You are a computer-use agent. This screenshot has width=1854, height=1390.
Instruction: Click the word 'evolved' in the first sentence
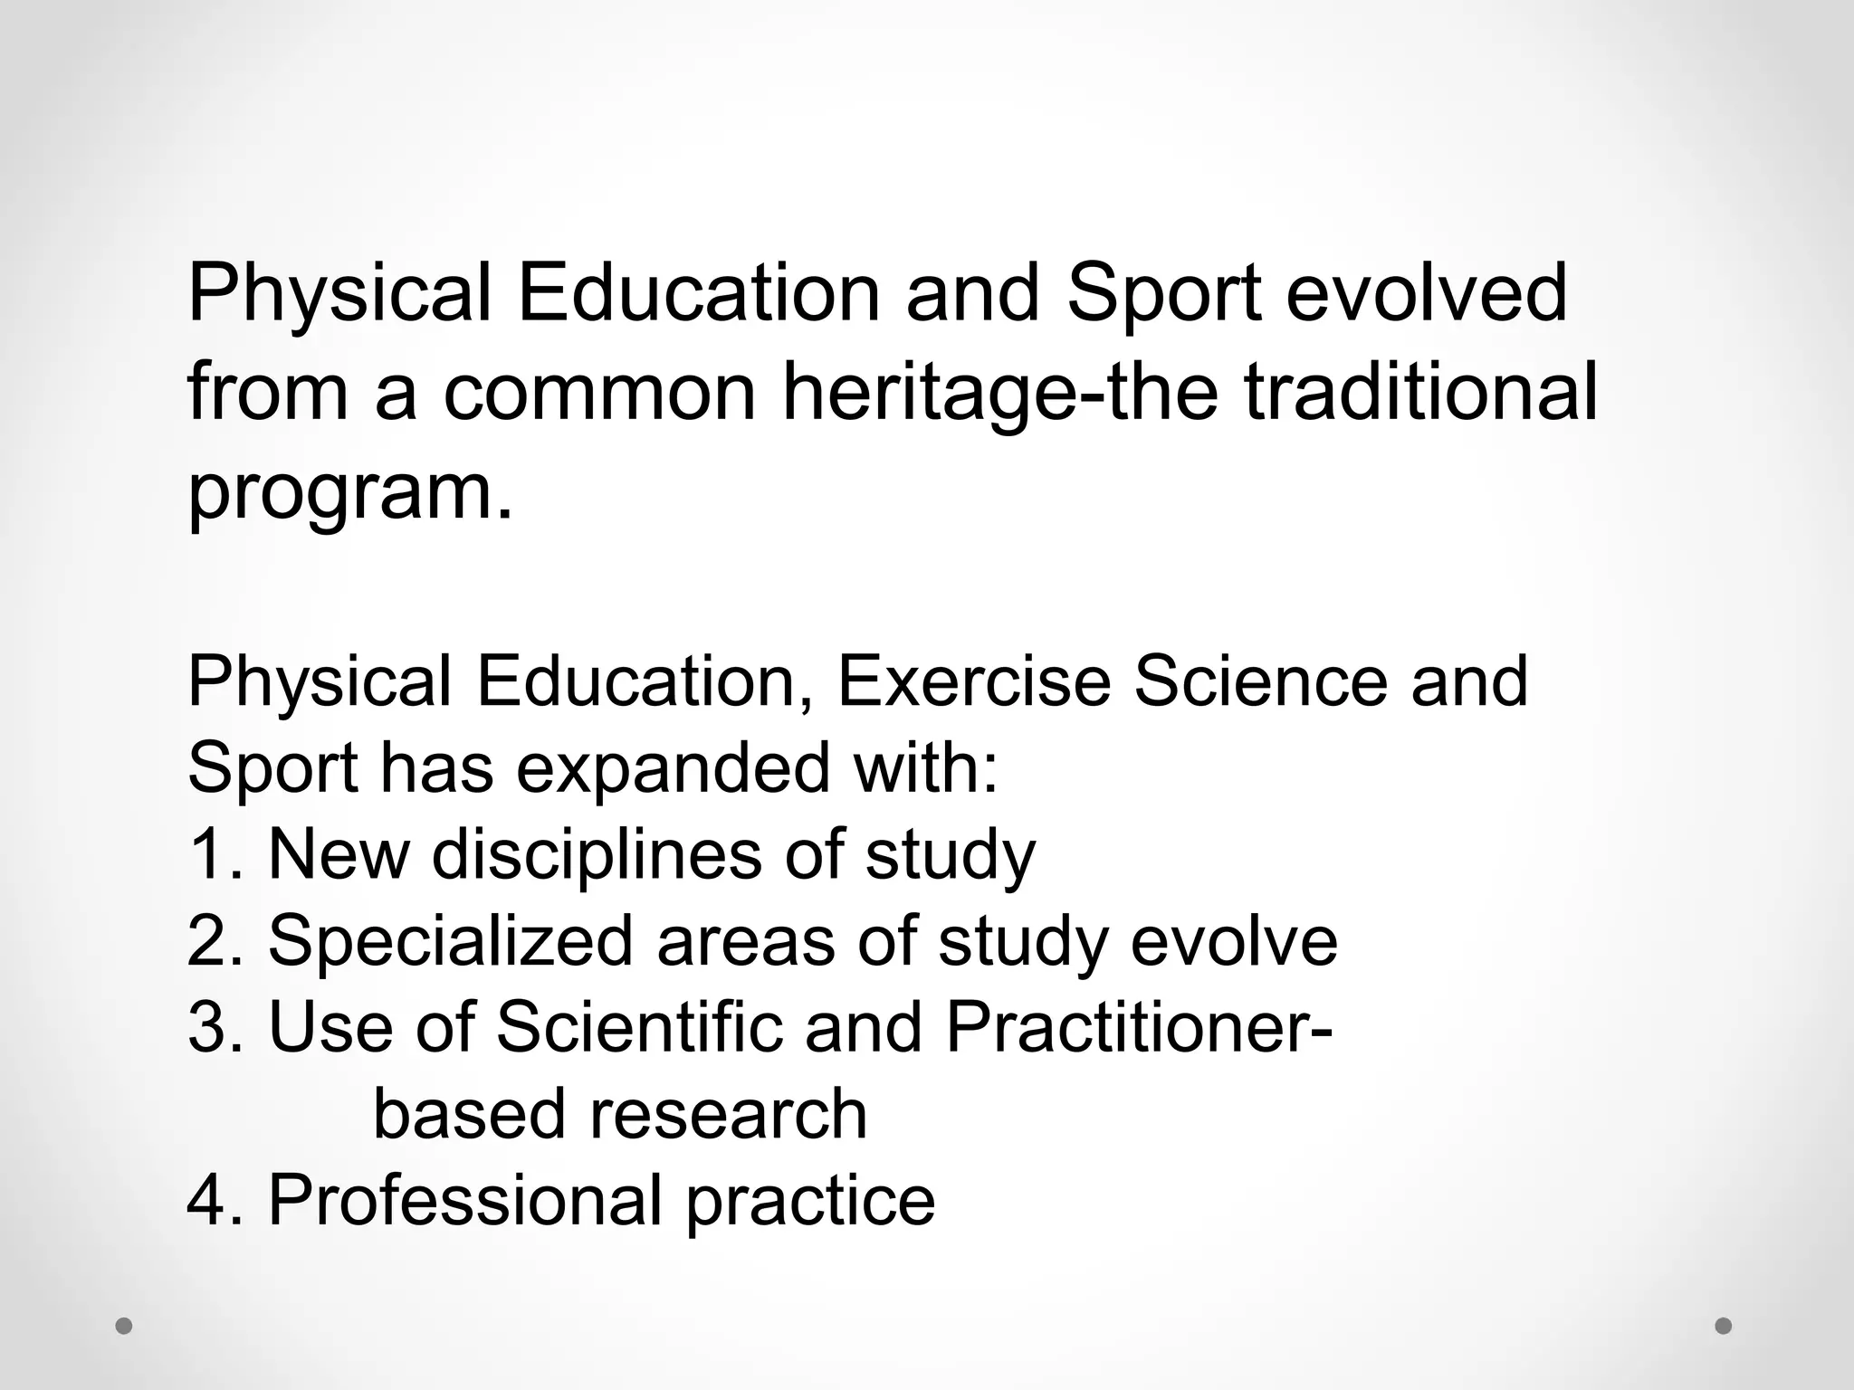(1426, 294)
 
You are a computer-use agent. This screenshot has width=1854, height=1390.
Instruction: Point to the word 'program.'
(349, 494)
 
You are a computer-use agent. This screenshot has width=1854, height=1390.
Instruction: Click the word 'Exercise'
(973, 681)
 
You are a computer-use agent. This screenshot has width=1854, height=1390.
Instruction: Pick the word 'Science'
(1260, 681)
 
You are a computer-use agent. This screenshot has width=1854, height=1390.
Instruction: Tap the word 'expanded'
(673, 768)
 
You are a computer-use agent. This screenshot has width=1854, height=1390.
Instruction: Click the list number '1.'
(215, 854)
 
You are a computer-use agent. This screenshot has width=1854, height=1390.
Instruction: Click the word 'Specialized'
(450, 941)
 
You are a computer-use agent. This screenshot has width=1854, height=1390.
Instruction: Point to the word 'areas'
(745, 941)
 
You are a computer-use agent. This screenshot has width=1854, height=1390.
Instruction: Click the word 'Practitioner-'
(1138, 1027)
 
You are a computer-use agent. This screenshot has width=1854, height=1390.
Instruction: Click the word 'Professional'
(464, 1200)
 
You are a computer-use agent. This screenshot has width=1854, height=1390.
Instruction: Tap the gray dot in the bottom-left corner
(124, 1326)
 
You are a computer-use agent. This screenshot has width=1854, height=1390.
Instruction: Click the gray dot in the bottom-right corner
(1724, 1326)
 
